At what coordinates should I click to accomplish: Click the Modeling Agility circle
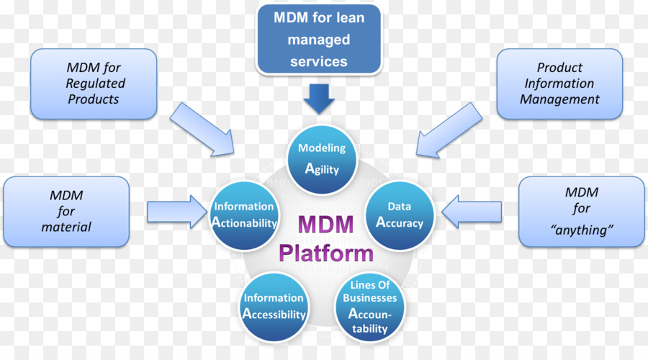(x=322, y=159)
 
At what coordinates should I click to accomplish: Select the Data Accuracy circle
(x=400, y=215)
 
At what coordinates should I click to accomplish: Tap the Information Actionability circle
(x=245, y=215)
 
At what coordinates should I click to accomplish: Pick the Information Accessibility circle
(x=274, y=305)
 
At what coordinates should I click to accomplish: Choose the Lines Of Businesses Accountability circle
(x=370, y=305)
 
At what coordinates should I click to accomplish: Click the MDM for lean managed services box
(x=319, y=40)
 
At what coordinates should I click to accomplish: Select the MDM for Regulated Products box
(x=93, y=84)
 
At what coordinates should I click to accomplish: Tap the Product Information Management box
(x=559, y=84)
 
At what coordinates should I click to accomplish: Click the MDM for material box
(x=66, y=211)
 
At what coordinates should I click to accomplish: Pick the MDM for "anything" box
(x=582, y=211)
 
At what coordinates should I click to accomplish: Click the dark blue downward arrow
(x=319, y=98)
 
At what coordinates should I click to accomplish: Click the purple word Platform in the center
(x=326, y=253)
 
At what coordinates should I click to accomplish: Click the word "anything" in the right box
(x=582, y=231)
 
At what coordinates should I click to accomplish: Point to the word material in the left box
(x=66, y=227)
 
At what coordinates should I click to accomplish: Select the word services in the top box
(x=319, y=61)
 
